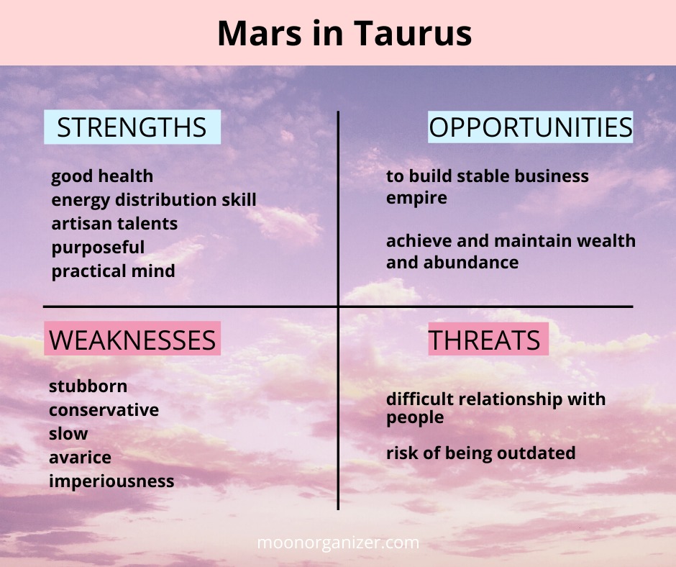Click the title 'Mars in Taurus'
click(x=344, y=33)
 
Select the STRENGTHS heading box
click(x=132, y=127)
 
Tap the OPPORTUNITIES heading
click(x=530, y=127)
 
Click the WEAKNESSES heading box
click(x=132, y=339)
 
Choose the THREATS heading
click(x=488, y=339)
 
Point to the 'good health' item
click(x=102, y=176)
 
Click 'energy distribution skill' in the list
click(x=154, y=200)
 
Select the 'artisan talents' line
click(x=114, y=224)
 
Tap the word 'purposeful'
click(x=98, y=248)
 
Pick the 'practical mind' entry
click(x=113, y=271)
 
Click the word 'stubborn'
click(x=88, y=386)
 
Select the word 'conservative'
click(x=104, y=410)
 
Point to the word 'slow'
click(x=68, y=434)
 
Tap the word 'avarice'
click(x=81, y=458)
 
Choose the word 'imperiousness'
click(x=111, y=481)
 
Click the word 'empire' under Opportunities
click(x=416, y=199)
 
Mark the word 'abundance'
click(x=471, y=263)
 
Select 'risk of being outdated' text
click(x=480, y=453)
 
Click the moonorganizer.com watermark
click(x=338, y=543)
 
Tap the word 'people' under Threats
click(x=415, y=418)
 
